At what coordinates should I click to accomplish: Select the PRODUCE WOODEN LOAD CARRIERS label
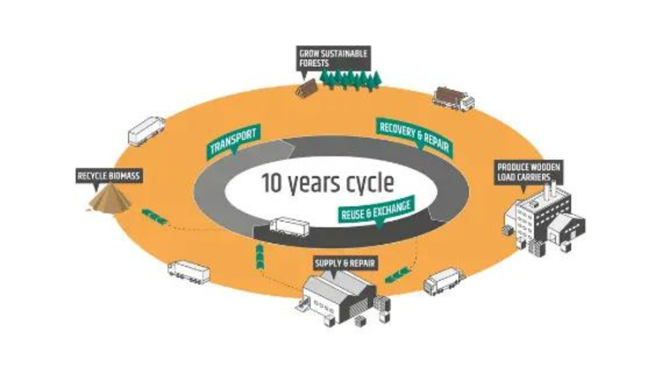pyautogui.click(x=529, y=170)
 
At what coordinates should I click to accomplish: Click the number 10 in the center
pyautogui.click(x=274, y=184)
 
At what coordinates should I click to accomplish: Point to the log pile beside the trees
pyautogui.click(x=305, y=87)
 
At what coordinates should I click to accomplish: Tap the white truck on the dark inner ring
pyautogui.click(x=289, y=228)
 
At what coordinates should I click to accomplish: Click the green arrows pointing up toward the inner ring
pyautogui.click(x=260, y=257)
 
